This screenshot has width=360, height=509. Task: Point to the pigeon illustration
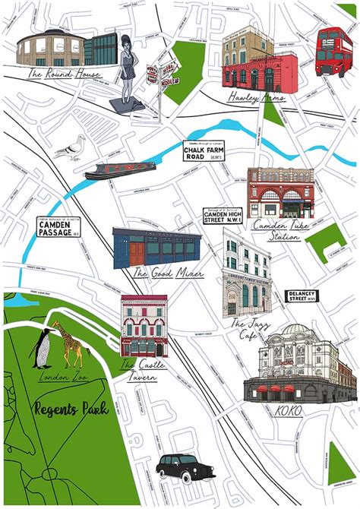point(70,149)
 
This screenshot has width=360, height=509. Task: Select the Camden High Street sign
point(226,217)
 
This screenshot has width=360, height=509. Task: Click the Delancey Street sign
point(302,296)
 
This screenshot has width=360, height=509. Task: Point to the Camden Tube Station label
point(277,229)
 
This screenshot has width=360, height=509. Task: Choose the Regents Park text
point(71,409)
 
